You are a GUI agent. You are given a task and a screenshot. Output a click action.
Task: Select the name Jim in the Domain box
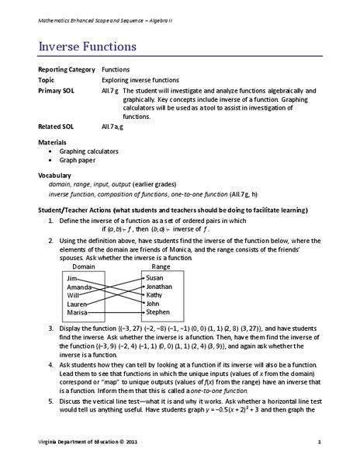[72, 278]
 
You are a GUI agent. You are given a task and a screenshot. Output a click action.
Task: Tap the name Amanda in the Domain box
[80, 287]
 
